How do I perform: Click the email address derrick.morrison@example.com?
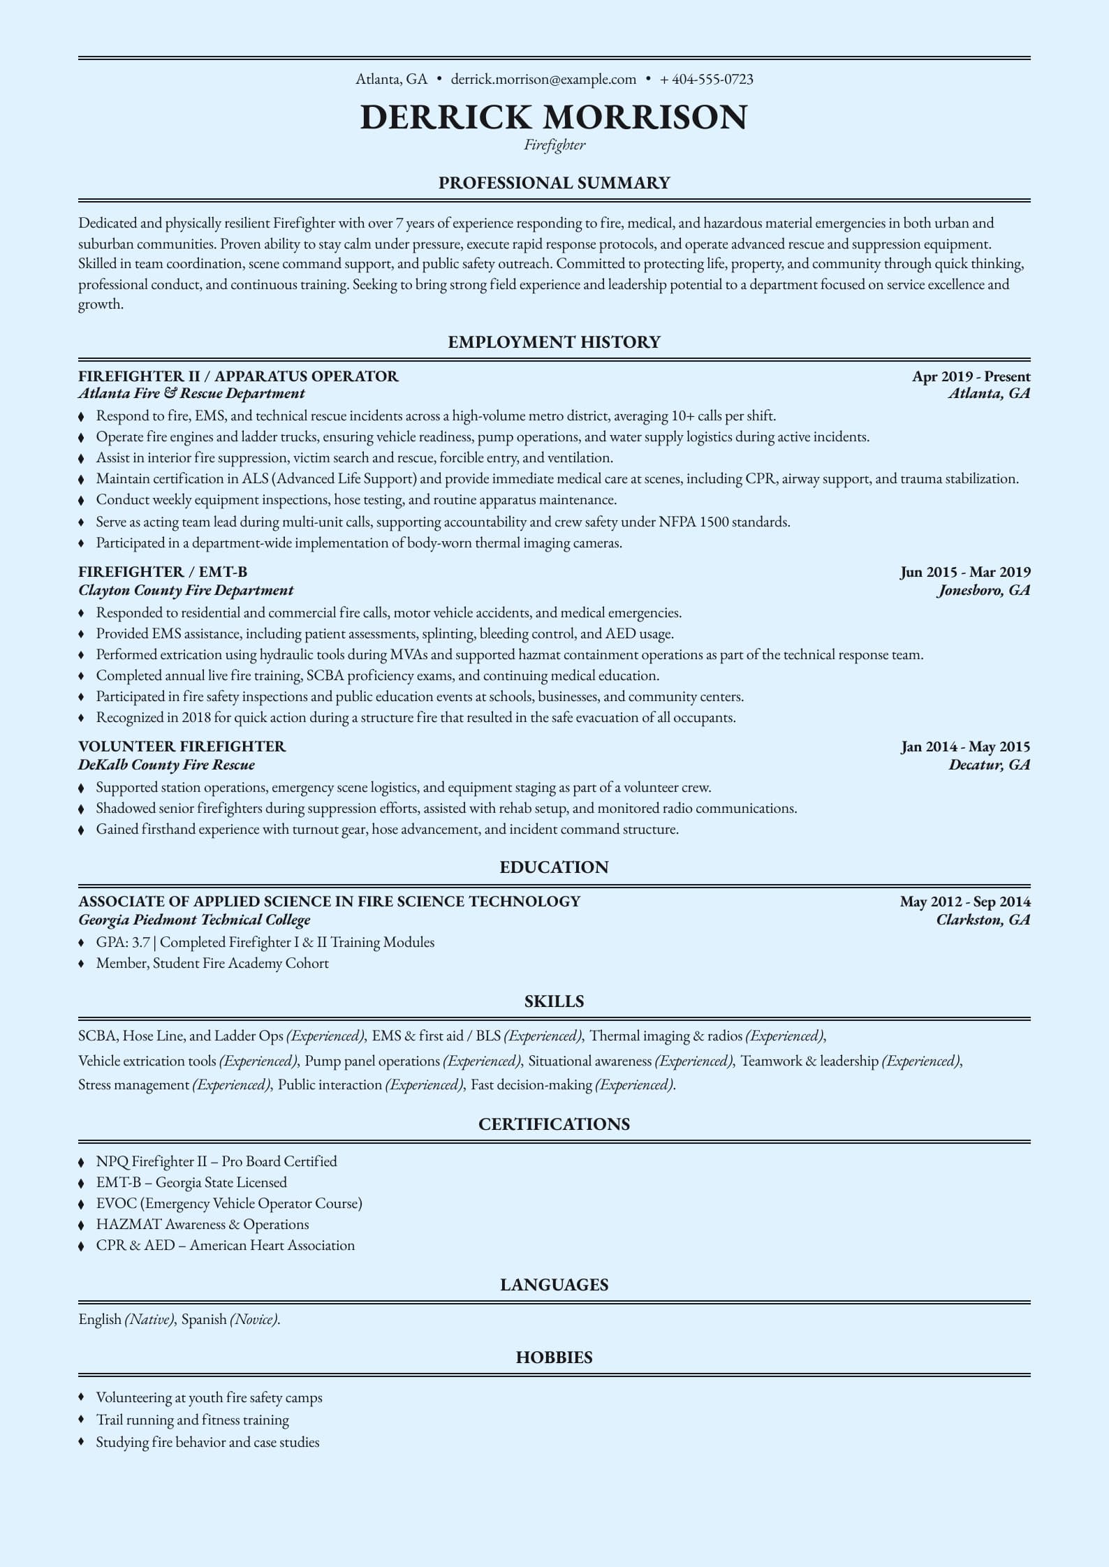[x=543, y=79]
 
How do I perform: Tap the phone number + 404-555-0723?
[x=706, y=79]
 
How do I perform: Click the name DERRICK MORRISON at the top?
[x=554, y=117]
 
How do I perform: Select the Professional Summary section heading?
[x=554, y=183]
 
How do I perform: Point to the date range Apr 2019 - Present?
[x=971, y=376]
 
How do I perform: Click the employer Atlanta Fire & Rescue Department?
[x=191, y=394]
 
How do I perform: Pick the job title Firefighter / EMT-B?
[x=163, y=573]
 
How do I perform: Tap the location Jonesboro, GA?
[x=983, y=591]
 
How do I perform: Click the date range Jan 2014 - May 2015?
[x=965, y=747]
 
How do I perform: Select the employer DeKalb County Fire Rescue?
[x=166, y=765]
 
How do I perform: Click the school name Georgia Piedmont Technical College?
[x=194, y=920]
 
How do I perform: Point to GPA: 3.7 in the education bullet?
[x=123, y=943]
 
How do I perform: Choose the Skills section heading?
[x=554, y=1001]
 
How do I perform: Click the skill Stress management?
[x=134, y=1085]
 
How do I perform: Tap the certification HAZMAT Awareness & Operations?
[x=202, y=1224]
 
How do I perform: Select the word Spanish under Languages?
[x=204, y=1319]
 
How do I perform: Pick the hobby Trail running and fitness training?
[x=192, y=1420]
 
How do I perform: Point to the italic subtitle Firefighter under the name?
[x=554, y=145]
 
